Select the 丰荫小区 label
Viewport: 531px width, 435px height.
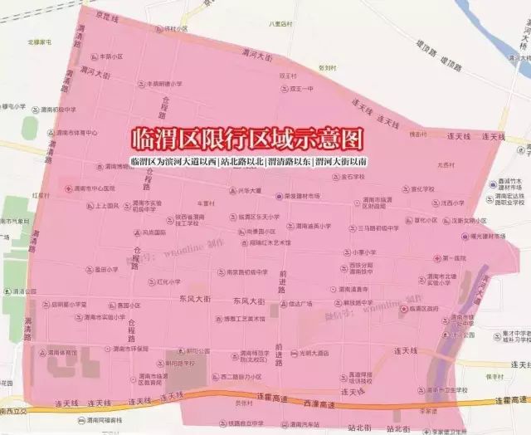pyautogui.click(x=111, y=56)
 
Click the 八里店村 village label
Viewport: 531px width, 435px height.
pyautogui.click(x=283, y=26)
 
